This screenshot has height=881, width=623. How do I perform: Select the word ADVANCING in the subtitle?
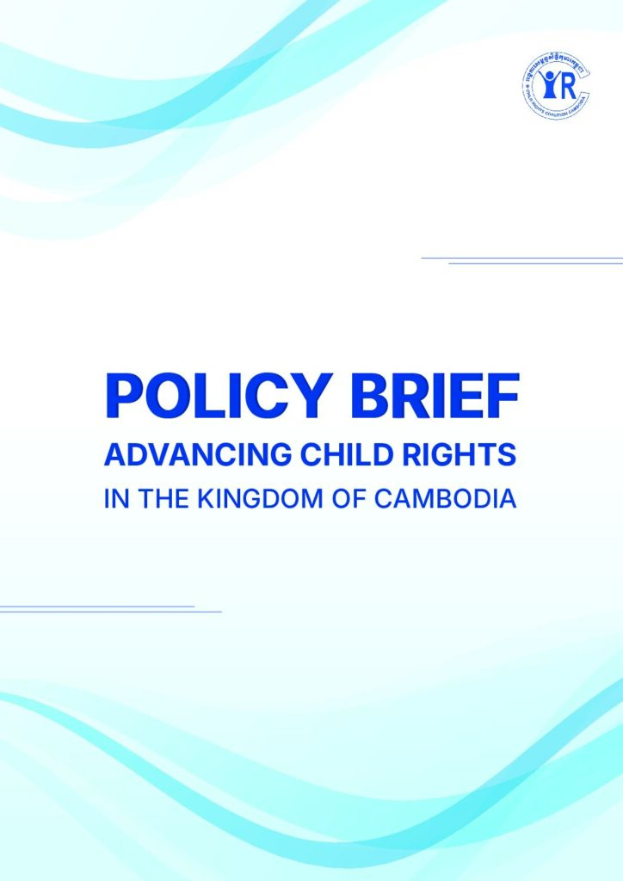[x=177, y=456]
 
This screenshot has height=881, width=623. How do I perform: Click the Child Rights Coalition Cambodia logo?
[x=555, y=87]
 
